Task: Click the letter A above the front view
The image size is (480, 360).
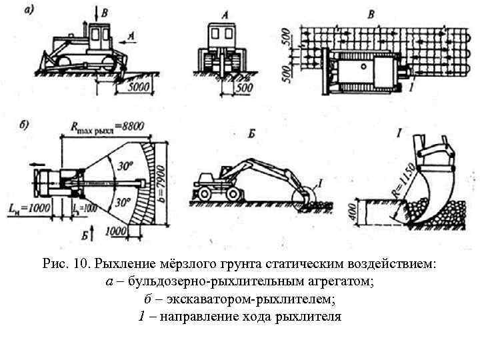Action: tap(223, 13)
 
